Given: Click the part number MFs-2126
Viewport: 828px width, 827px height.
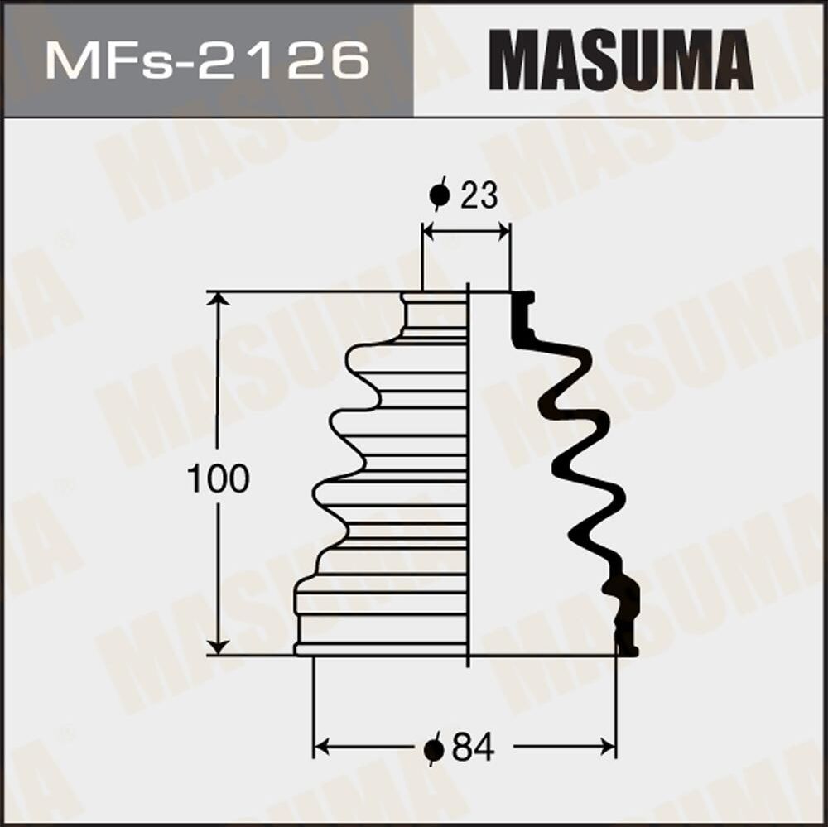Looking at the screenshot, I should tap(207, 60).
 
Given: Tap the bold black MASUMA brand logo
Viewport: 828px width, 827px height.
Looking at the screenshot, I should tap(621, 60).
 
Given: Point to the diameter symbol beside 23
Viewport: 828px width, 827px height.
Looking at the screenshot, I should tap(439, 196).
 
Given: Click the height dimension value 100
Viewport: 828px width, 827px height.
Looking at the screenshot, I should tap(218, 479).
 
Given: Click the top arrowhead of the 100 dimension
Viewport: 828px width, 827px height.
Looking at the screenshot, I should tap(218, 300).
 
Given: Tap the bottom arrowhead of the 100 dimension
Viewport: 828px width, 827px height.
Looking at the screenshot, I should tap(218, 646).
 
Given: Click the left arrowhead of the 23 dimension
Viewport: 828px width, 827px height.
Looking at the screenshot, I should tap(430, 233).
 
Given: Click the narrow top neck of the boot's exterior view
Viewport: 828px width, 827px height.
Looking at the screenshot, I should tap(435, 315).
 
